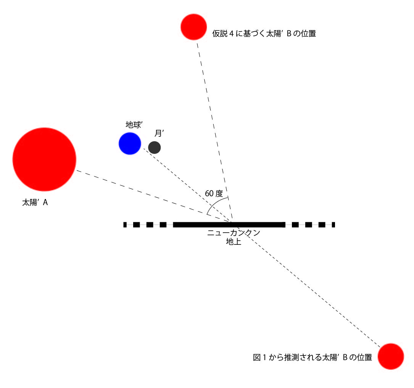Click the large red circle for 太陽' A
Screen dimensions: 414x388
coord(44,159)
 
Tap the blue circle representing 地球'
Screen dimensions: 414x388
coord(130,144)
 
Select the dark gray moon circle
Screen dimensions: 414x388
coord(155,147)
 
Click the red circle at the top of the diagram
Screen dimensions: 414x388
coord(194,27)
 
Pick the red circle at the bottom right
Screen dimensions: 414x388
coord(391,356)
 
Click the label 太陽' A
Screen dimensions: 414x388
coord(35,202)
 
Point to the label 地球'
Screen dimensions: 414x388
coord(134,124)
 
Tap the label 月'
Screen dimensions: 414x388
coord(159,133)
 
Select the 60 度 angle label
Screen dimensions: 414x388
coord(214,194)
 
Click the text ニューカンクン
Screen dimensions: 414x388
coord(234,233)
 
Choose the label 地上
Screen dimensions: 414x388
coord(234,242)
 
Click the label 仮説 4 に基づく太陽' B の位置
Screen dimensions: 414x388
coord(264,34)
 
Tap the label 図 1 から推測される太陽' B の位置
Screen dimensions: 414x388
coord(313,357)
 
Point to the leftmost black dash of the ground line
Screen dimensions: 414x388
coord(125,225)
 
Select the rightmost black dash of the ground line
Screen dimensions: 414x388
coord(333,225)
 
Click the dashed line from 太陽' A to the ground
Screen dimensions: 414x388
coord(154,196)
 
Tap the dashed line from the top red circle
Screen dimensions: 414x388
coord(214,132)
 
